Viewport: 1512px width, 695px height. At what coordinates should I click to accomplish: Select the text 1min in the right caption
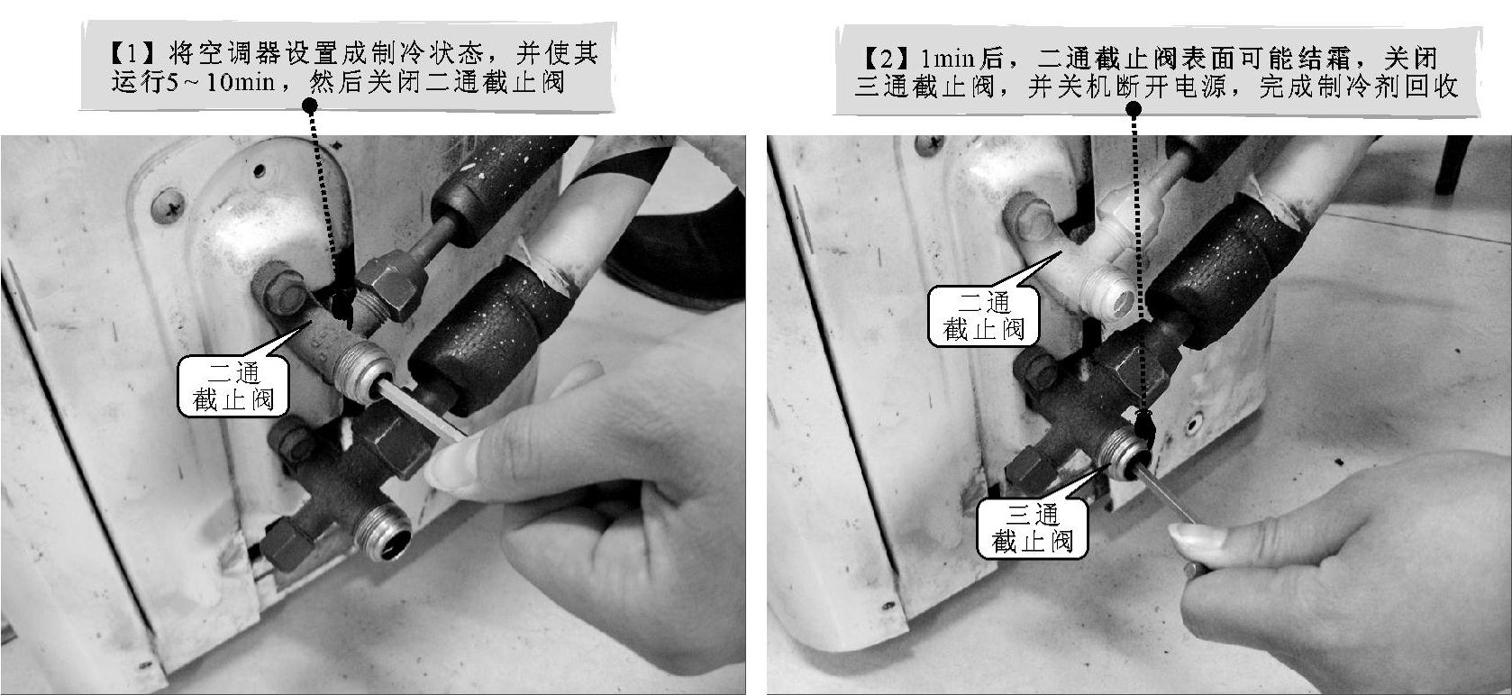coord(947,59)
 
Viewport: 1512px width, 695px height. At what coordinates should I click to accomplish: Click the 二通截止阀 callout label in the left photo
coord(232,386)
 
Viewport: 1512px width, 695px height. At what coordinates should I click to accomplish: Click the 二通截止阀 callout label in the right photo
coord(983,316)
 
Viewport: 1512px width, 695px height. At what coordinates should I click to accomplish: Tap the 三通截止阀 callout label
coord(1032,528)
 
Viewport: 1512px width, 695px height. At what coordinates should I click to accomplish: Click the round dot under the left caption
coord(310,105)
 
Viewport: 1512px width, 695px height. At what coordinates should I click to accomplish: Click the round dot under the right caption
coord(1134,109)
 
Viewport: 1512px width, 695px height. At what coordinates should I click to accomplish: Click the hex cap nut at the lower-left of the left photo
coord(283,544)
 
